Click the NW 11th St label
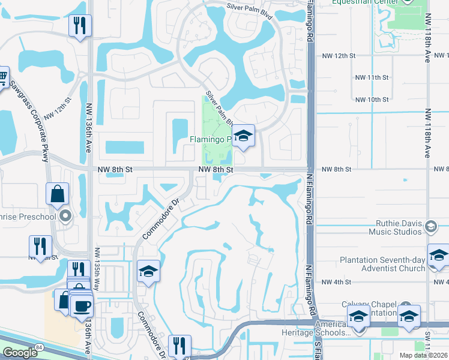(372, 77)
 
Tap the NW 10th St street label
(372, 100)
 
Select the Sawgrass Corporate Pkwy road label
(29, 121)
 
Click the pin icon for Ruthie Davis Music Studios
(430, 226)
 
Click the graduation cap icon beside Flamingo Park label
(243, 137)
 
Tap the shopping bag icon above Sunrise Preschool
(58, 194)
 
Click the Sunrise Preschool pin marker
(66, 215)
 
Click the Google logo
(20, 352)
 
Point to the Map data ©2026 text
(423, 355)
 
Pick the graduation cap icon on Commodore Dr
(148, 272)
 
